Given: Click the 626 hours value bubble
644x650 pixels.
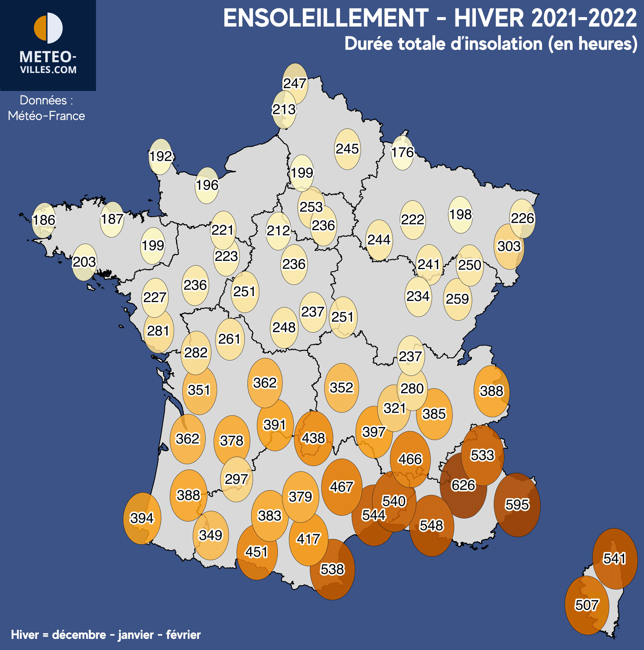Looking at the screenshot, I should (463, 485).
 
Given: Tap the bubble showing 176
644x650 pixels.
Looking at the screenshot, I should (402, 152).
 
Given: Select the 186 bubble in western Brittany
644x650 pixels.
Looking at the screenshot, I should (44, 220).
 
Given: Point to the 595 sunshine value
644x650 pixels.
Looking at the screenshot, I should (517, 505).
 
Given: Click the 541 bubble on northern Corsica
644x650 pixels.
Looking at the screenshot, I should (614, 558).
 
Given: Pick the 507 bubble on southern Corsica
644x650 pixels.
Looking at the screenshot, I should (587, 605).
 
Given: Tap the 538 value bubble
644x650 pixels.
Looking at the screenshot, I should (332, 569).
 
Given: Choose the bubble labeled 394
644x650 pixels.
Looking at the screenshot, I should (142, 518).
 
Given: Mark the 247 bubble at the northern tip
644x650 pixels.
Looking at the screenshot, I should (295, 84).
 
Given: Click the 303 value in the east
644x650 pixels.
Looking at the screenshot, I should (509, 246).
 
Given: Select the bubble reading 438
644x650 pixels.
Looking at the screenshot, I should (313, 438).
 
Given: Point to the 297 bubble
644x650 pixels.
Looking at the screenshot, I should (236, 479).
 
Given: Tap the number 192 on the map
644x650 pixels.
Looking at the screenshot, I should (161, 156).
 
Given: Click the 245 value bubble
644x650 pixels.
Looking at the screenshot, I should (347, 149).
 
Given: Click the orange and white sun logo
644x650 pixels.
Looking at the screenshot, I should (48, 28).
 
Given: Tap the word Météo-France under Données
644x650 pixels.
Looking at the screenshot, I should (46, 116).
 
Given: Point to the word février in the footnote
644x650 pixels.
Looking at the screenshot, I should (183, 635).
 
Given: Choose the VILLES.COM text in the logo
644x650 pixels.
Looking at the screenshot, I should (48, 70).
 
